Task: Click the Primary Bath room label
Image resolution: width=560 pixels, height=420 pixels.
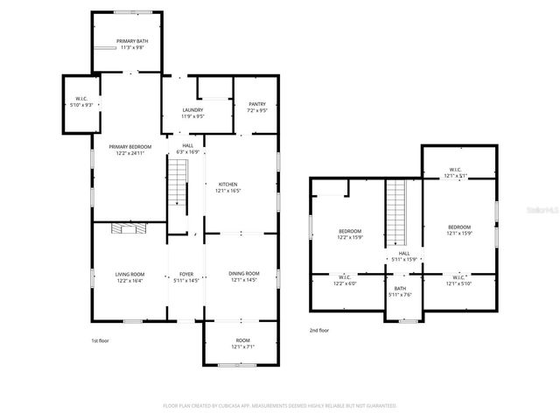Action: click(x=128, y=44)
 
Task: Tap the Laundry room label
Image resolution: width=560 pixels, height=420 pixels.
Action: click(x=192, y=112)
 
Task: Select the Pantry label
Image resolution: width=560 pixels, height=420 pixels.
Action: click(x=256, y=108)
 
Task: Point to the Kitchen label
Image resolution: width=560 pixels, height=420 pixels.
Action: click(x=227, y=187)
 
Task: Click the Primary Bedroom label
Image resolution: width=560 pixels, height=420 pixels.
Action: click(x=129, y=150)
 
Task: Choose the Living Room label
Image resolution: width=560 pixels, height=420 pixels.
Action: click(x=129, y=277)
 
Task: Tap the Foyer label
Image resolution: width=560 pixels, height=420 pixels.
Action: click(x=185, y=277)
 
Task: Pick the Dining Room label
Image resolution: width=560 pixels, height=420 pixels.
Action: click(x=244, y=277)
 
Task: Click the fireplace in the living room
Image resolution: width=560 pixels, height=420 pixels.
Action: click(x=129, y=228)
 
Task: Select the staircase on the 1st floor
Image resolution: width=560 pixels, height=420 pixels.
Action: click(x=178, y=185)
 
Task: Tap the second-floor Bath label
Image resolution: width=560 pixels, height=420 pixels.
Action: click(x=400, y=291)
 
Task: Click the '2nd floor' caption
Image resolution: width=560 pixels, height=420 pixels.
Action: click(x=319, y=330)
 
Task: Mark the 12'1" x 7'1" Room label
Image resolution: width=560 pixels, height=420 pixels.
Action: click(x=242, y=344)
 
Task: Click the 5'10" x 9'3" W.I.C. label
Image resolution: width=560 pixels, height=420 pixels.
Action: click(x=80, y=102)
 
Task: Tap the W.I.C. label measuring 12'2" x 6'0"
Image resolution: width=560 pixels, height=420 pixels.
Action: click(x=344, y=281)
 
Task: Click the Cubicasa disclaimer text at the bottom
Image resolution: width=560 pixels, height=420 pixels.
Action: click(x=280, y=406)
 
